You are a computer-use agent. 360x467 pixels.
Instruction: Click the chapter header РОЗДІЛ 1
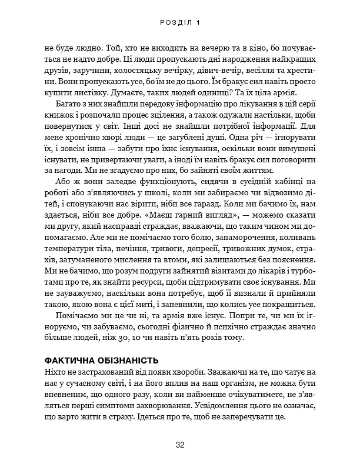[180, 22]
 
